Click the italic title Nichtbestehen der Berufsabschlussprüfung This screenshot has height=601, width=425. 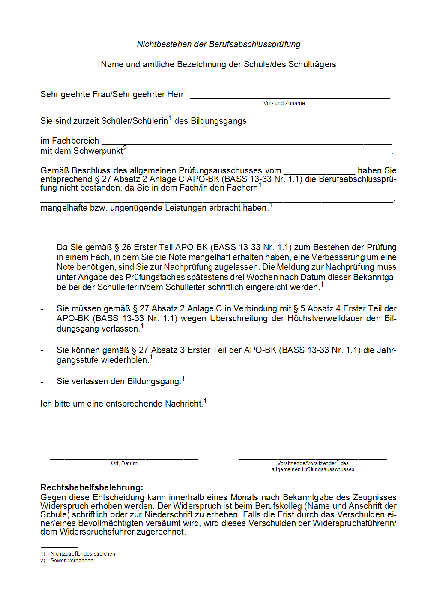pyautogui.click(x=218, y=44)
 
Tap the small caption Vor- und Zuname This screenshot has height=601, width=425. pyautogui.click(x=284, y=103)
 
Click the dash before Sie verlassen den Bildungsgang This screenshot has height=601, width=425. pyautogui.click(x=42, y=382)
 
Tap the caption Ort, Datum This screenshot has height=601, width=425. pyautogui.click(x=124, y=463)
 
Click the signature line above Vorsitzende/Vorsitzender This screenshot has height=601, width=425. pyautogui.click(x=313, y=459)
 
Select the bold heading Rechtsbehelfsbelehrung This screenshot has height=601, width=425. pyautogui.click(x=92, y=487)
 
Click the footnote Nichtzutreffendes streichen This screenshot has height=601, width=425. pyautogui.click(x=83, y=554)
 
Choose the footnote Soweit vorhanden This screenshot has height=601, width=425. pyautogui.click(x=72, y=561)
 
